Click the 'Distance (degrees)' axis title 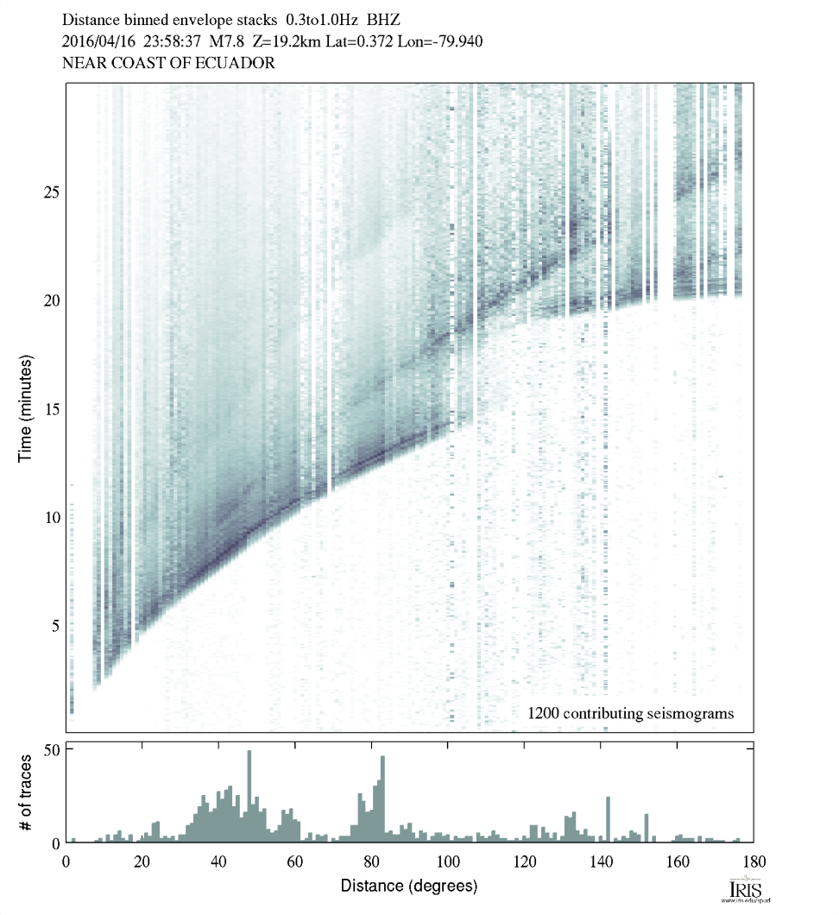tap(409, 886)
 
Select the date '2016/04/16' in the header tap(97, 41)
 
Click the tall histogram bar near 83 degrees tap(382, 798)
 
